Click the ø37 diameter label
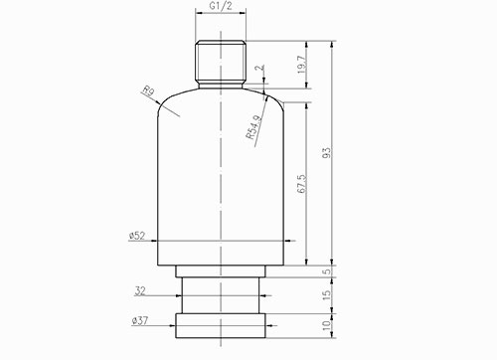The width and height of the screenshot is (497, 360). [139, 321]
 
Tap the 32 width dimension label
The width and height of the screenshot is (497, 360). [140, 291]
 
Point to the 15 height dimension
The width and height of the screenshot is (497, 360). [326, 295]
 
